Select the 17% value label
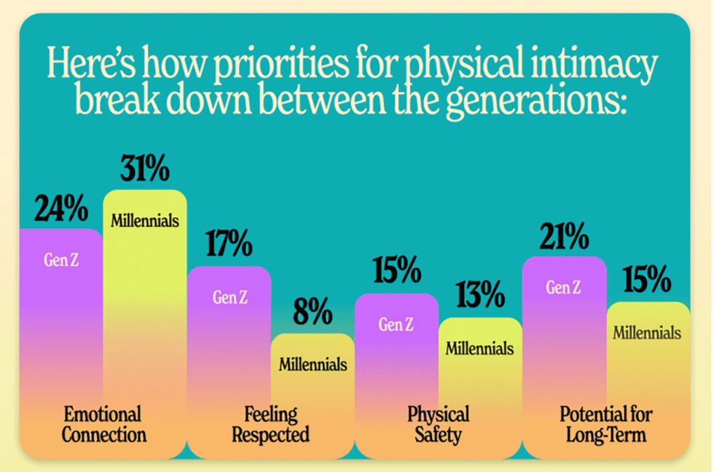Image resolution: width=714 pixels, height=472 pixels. coord(228,245)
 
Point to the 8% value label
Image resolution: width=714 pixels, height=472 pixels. coord(313,313)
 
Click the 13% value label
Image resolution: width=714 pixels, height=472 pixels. coord(480,295)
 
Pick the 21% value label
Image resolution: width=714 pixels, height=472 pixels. coord(564,236)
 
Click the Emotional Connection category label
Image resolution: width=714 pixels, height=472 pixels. coord(103,425)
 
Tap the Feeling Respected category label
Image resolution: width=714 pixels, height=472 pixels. coord(271,425)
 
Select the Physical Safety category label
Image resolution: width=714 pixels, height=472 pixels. coord(439,425)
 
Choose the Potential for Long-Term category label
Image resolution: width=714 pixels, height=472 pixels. coord(606,425)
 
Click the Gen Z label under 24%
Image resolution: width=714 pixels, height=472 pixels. coord(61,260)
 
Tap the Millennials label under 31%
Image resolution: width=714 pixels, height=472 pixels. coord(145,219)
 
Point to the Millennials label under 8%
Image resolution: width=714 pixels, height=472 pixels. coord(313,363)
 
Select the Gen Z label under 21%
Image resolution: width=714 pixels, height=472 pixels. coord(564,287)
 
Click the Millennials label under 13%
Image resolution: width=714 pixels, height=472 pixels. coord(479,347)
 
